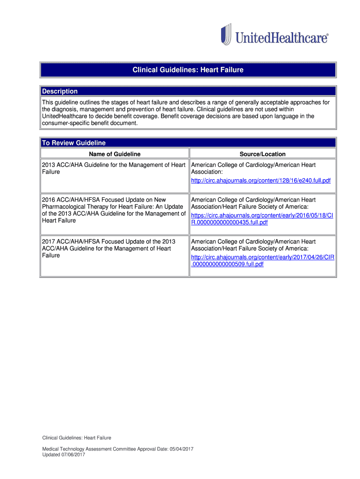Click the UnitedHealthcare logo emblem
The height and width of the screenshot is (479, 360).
pos(226,35)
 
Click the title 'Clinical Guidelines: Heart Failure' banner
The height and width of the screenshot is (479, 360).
pos(188,70)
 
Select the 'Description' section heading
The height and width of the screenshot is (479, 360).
pos(60,91)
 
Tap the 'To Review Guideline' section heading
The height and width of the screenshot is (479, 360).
pos(74,143)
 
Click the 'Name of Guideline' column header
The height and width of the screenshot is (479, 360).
pos(115,154)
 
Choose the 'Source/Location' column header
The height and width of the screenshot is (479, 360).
pos(262,154)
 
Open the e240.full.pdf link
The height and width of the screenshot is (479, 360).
pos(261,180)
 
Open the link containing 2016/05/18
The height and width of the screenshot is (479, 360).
pos(262,215)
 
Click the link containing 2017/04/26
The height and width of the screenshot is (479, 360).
pos(263,257)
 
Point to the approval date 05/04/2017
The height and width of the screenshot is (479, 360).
pos(180,449)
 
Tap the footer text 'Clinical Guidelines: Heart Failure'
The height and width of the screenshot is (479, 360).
pos(77,438)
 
